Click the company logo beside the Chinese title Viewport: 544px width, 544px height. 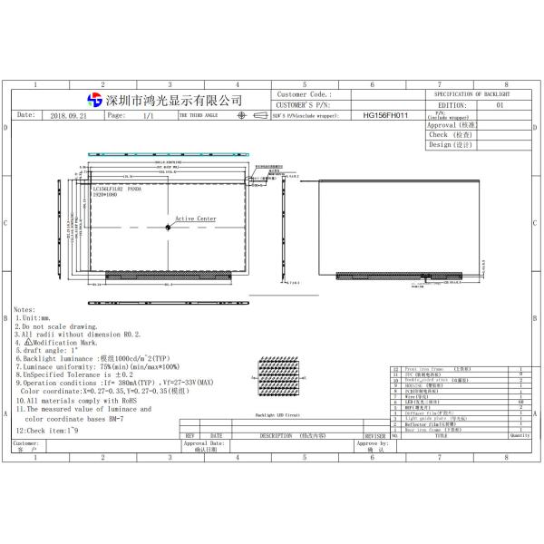(x=94, y=99)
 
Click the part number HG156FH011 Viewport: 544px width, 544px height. (x=386, y=116)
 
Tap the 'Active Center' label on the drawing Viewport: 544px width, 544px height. (x=196, y=219)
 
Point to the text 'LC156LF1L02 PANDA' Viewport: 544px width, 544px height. (x=117, y=189)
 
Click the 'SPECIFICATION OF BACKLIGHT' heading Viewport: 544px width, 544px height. (x=472, y=94)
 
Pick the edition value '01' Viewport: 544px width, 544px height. (x=500, y=105)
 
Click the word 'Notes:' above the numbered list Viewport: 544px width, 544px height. (x=24, y=309)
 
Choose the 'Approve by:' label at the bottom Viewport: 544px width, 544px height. (x=372, y=443)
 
